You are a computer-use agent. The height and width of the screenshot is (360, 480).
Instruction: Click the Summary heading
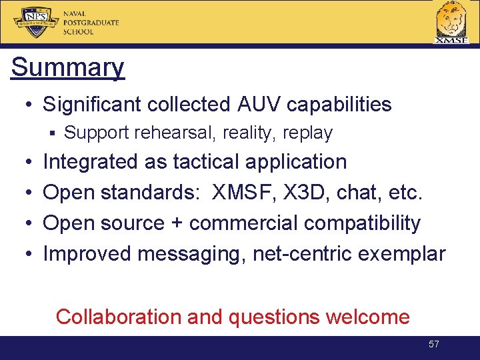coord(67,67)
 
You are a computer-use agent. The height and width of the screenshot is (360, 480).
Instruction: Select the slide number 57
coord(433,344)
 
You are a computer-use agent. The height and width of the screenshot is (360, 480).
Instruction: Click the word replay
coord(307,133)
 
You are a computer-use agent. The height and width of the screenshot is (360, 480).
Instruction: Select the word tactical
coord(206,162)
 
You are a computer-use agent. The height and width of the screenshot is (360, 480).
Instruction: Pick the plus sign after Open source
coord(177,223)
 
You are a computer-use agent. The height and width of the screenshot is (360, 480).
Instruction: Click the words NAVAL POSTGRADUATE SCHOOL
coord(91,23)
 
